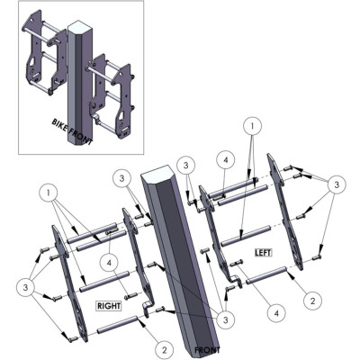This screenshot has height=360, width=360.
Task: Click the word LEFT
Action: pos(263,253)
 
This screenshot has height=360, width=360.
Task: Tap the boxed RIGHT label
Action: pos(109,306)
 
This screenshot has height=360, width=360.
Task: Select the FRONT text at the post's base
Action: pos(207,350)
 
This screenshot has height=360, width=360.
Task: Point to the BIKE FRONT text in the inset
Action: pos(72,131)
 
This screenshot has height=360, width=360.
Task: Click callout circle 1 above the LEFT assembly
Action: pos(252,126)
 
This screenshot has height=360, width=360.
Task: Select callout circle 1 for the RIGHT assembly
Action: pos(49,193)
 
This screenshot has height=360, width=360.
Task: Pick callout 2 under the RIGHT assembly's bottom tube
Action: pos(165,350)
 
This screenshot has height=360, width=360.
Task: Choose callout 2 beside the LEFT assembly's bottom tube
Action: pos(312,301)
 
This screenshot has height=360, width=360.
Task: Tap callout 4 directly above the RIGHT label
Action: pos(109,263)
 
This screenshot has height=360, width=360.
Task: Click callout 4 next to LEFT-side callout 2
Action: pos(276,313)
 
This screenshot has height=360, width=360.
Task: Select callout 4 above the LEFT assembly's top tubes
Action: pos(226,160)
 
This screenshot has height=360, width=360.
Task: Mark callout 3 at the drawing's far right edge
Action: pos(337,184)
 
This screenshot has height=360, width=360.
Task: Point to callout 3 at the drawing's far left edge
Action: pos(25,288)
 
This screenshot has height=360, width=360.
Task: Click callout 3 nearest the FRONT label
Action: pos(226,320)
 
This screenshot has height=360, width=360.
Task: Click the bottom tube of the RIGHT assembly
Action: pos(117,325)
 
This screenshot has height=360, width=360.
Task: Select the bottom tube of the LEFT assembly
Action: pos(265,274)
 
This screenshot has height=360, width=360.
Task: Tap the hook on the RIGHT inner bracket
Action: pos(146,309)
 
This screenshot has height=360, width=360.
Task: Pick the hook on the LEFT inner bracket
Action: pos(238,281)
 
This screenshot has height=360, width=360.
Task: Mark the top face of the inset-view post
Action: pos(78,25)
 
